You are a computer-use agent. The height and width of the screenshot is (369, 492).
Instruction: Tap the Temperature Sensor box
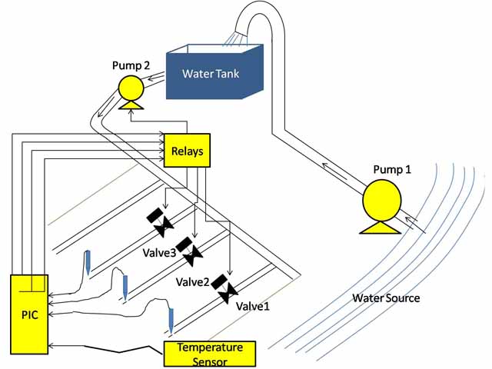coord(210,354)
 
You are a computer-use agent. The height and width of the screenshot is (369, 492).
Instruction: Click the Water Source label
coord(386,298)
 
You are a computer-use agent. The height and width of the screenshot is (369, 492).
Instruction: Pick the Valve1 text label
coord(254,305)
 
